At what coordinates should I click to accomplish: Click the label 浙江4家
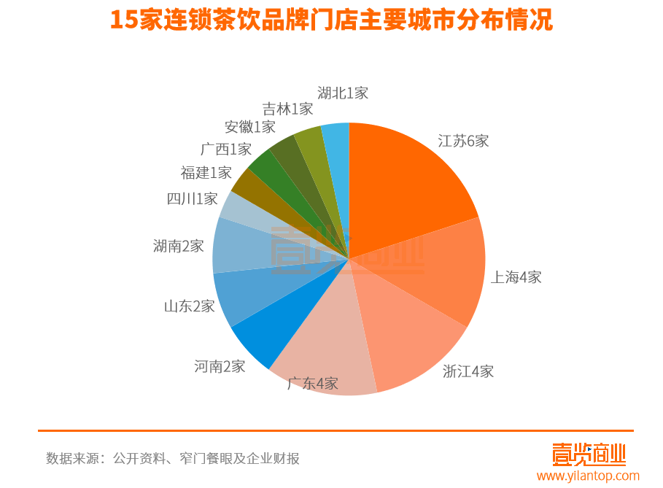[x=468, y=371]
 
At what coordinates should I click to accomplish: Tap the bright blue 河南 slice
[x=274, y=328]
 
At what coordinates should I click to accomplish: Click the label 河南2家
[x=220, y=366]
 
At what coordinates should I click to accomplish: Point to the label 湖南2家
[x=179, y=246]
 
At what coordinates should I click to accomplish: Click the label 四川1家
[x=193, y=198]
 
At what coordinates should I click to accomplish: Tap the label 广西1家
[x=226, y=150]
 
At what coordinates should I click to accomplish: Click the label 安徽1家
[x=250, y=127]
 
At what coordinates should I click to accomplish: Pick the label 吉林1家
[x=287, y=109]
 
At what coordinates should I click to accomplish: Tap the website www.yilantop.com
[x=588, y=476]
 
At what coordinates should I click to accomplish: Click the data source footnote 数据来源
[x=173, y=459]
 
